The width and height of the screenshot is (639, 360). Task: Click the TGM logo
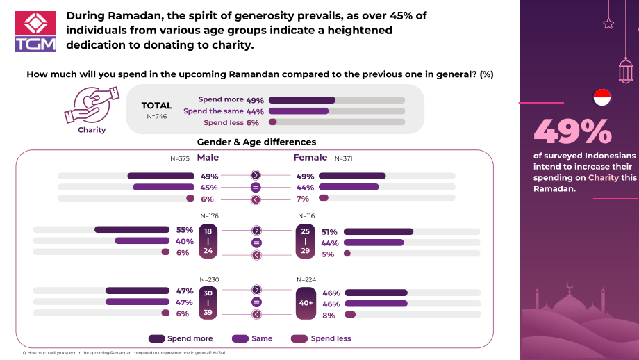[36, 31]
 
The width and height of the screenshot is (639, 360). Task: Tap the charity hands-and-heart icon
[92, 104]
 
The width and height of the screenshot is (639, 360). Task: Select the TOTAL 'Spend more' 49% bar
[302, 100]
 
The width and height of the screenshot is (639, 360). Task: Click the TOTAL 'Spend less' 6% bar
[273, 122]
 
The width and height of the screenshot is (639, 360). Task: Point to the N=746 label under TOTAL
[157, 116]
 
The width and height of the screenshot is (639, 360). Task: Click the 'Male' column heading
[208, 157]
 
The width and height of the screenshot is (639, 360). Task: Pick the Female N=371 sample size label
[344, 158]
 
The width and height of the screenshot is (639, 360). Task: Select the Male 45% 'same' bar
[163, 187]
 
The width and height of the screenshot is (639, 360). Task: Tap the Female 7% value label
[303, 199]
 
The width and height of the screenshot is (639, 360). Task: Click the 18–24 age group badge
[208, 241]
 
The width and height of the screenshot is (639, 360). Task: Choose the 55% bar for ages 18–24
[132, 229]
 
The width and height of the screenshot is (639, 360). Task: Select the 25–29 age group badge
[305, 241]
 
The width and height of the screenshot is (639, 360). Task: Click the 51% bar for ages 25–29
[379, 231]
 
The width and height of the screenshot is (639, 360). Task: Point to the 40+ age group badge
[306, 303]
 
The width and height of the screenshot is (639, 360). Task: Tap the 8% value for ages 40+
[329, 315]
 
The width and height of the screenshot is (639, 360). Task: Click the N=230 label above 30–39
[210, 279]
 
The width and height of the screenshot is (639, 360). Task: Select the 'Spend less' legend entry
[321, 338]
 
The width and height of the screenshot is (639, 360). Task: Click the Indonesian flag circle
[602, 98]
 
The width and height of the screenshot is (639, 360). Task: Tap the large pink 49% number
[573, 131]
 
